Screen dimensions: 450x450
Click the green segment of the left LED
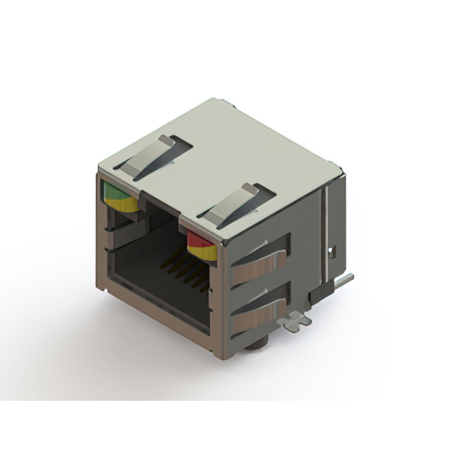tap(115, 191)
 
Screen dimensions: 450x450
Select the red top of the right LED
tap(200, 239)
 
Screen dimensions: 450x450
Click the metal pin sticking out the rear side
tap(342, 281)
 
